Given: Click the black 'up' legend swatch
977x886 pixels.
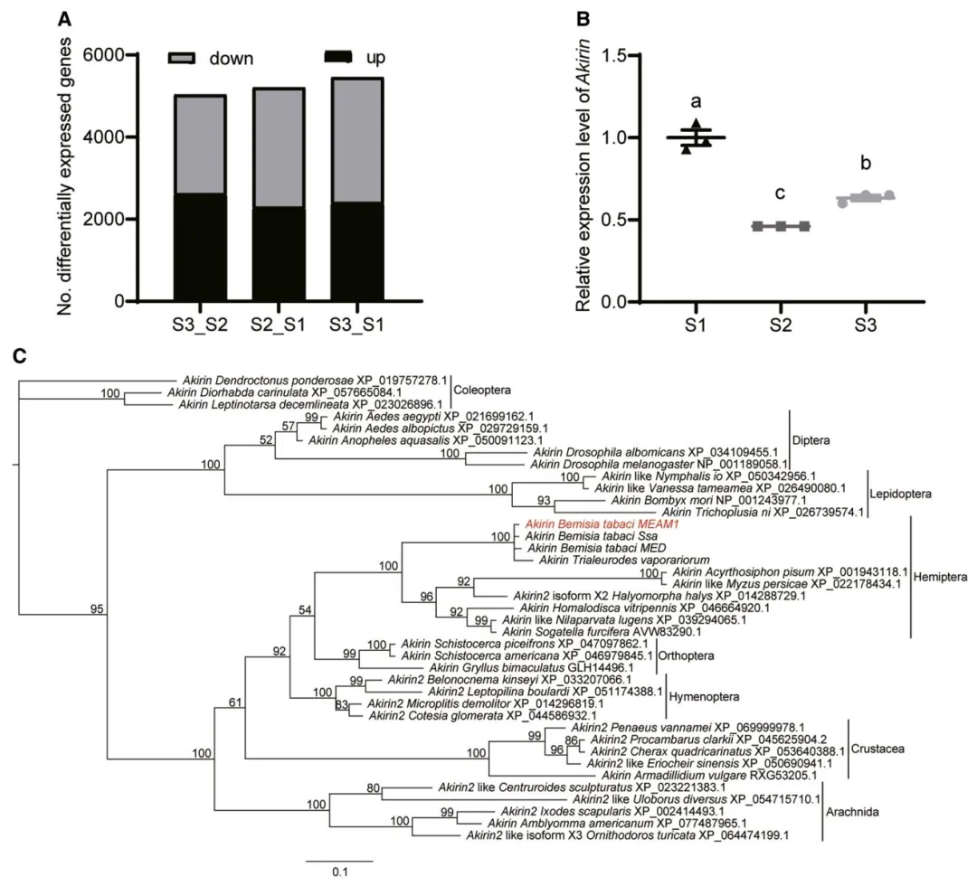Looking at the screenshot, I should [339, 57].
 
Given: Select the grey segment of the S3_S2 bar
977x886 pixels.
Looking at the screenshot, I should [201, 145].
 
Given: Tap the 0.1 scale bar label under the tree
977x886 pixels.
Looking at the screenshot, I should [339, 872].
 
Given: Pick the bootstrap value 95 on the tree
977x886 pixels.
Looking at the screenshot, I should [97, 608].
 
